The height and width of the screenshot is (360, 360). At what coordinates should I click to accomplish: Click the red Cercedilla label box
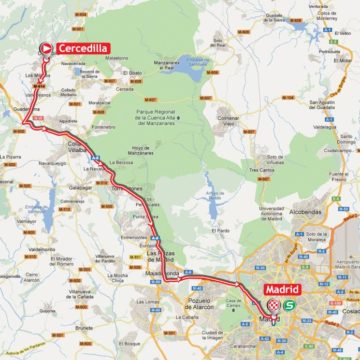point(82,47)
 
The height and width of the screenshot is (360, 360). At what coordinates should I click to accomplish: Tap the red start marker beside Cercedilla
point(45,47)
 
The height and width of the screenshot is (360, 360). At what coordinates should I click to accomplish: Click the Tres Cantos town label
point(262,169)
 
